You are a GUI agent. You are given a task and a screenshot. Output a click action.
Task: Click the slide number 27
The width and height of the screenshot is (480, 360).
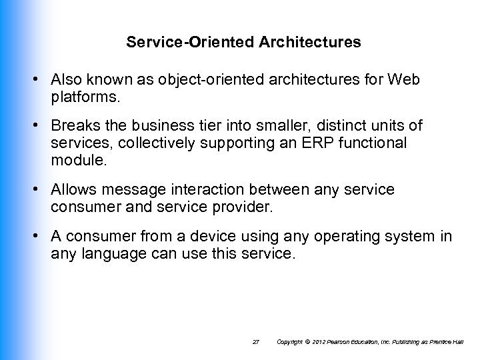(x=255, y=342)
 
